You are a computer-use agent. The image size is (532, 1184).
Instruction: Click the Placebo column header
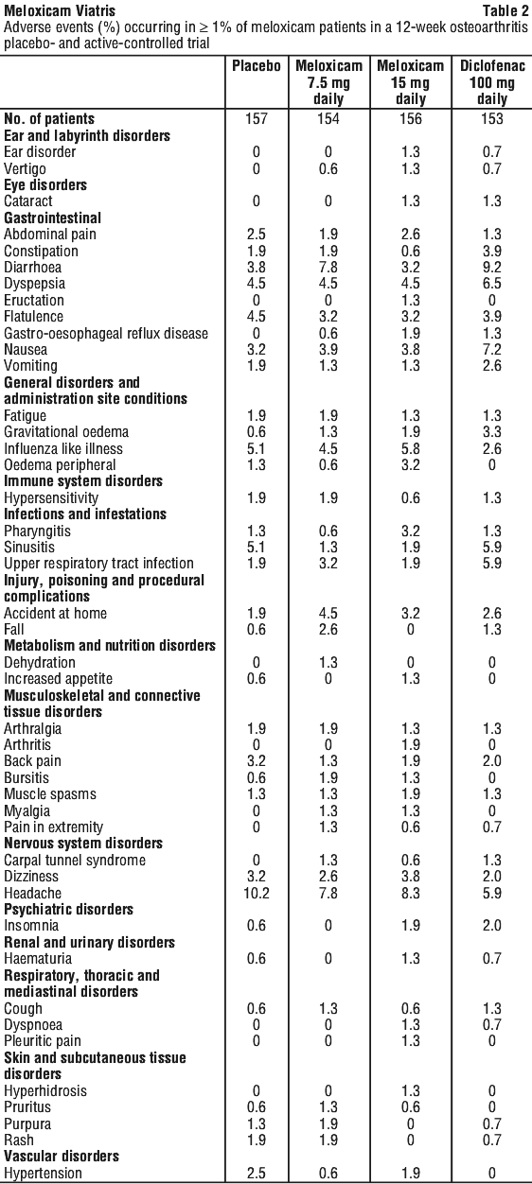coord(257,66)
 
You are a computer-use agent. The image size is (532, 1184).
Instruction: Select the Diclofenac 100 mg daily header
coord(492,82)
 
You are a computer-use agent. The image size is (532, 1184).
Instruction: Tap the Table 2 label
coord(505,10)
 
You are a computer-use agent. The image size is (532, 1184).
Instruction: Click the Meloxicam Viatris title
coord(60,10)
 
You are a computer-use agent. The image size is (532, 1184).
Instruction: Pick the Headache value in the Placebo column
coord(257,893)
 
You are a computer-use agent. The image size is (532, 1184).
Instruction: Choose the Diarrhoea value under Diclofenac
coord(492,267)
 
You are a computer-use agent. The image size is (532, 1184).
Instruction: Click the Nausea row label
coord(26,349)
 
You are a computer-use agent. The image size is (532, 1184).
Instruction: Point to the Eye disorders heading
coord(45,185)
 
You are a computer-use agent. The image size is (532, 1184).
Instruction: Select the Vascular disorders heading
coord(62,1156)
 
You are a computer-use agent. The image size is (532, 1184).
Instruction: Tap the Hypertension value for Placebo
coord(257,1173)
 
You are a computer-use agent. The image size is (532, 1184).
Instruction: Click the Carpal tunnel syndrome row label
coord(75,860)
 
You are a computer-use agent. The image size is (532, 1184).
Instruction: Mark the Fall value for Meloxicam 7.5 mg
coord(328,629)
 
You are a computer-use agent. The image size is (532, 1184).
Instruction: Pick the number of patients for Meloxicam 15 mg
coord(411,118)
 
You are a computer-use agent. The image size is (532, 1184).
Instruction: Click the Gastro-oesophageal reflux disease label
coord(106,333)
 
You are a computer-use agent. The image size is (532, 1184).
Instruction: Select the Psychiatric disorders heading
coord(68,909)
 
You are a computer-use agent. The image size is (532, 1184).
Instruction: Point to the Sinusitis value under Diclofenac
coord(492,547)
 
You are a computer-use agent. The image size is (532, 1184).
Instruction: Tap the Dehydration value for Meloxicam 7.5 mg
coord(328,662)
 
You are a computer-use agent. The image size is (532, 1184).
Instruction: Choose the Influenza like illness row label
coord(63,449)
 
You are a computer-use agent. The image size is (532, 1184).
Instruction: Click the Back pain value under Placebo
coord(257,760)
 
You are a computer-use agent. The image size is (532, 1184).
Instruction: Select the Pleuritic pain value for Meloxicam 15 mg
coord(411,1041)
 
